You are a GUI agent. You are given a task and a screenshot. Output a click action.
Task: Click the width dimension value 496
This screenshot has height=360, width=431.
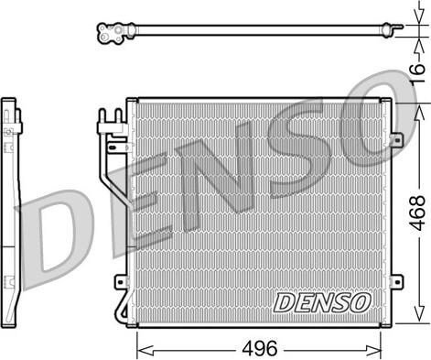click(x=260, y=348)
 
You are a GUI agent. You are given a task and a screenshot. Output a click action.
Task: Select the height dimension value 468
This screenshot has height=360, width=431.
click(x=417, y=213)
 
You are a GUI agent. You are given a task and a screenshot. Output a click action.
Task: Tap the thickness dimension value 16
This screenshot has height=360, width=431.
click(x=416, y=73)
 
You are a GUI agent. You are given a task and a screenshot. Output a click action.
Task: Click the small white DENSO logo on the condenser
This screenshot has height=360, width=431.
click(x=322, y=303)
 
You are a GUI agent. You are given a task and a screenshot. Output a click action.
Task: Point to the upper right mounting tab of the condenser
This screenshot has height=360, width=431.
click(x=396, y=140)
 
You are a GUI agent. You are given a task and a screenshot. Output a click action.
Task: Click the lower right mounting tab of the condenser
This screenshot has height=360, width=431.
click(x=396, y=281)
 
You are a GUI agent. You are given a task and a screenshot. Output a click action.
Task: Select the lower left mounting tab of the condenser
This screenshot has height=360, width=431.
click(x=121, y=281)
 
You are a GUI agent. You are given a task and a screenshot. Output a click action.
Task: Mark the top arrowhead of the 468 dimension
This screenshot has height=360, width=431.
click(x=420, y=113)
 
